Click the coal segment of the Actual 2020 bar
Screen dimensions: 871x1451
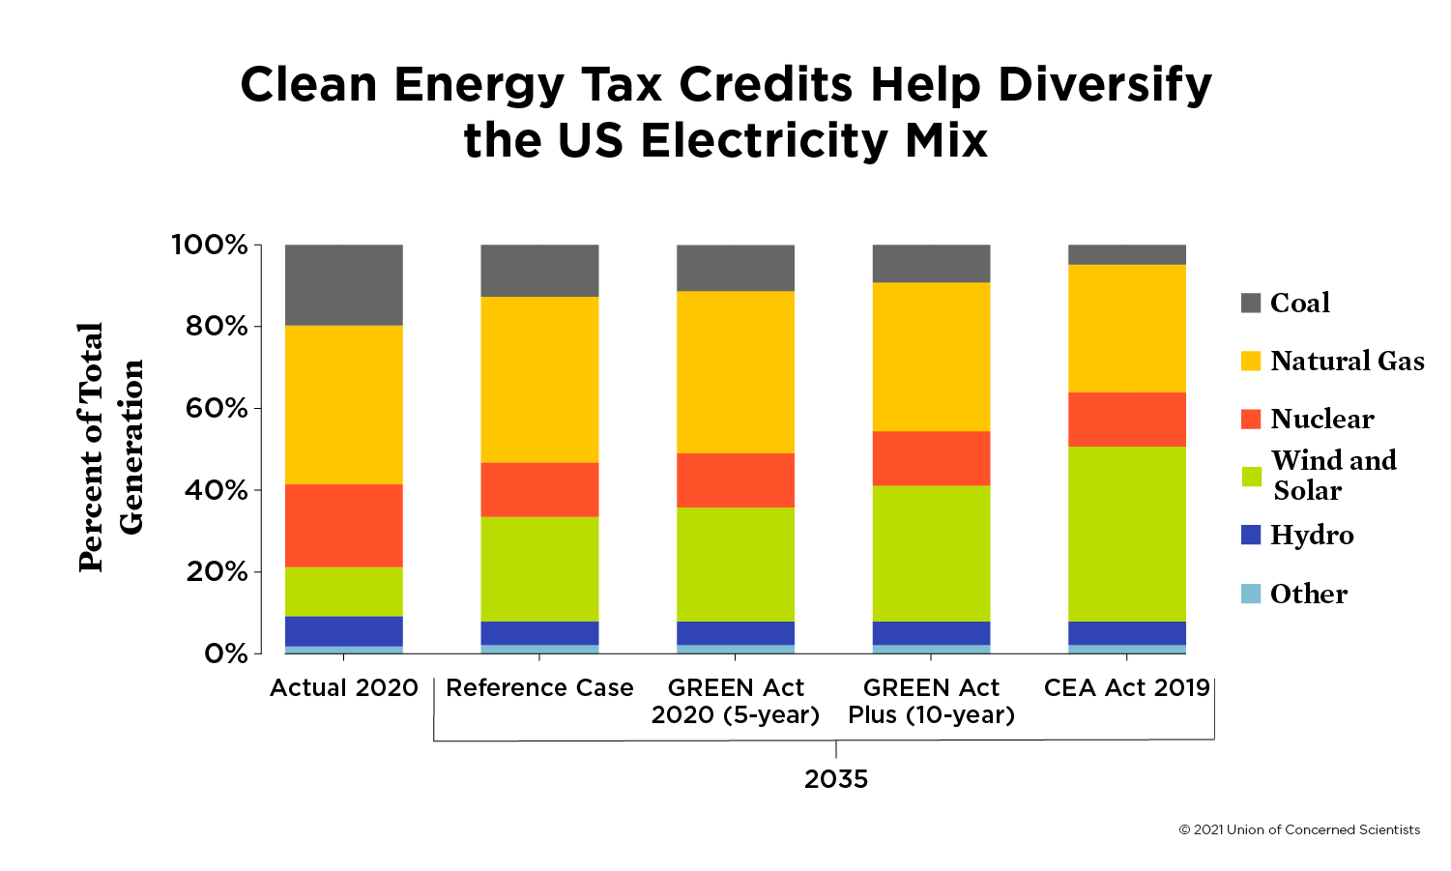[x=343, y=285]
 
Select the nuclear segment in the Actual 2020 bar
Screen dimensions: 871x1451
[x=343, y=525]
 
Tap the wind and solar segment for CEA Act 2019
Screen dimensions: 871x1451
[x=1126, y=534]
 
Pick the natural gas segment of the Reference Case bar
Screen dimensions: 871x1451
[x=539, y=379]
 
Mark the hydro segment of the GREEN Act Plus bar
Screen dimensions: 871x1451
[x=931, y=633]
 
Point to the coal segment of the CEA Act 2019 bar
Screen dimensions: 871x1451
[x=1126, y=254]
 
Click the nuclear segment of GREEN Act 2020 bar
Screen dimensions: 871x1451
[x=735, y=479]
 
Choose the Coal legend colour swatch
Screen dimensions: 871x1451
[x=1251, y=303]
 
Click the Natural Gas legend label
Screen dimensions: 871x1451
[x=1347, y=361]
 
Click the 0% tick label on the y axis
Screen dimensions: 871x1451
[x=225, y=654]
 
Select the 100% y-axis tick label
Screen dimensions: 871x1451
[x=211, y=245]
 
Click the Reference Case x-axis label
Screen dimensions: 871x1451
[x=539, y=687]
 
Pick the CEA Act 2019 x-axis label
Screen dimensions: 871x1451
[x=1126, y=687]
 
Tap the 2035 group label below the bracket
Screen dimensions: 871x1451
[x=836, y=779]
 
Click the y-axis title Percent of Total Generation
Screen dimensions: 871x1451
[x=110, y=447]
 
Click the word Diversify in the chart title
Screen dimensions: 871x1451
[x=1104, y=85]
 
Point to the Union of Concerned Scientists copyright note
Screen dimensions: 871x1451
[x=1299, y=829]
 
